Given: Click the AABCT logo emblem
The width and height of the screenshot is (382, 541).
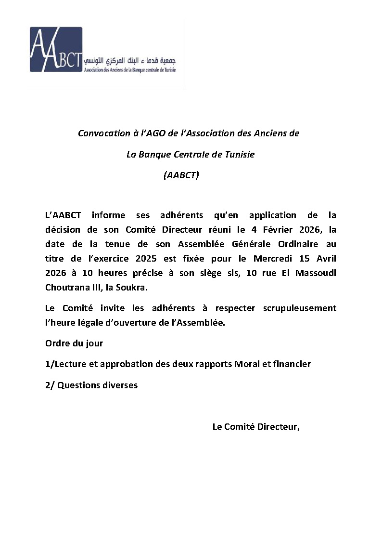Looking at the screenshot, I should (x=56, y=49).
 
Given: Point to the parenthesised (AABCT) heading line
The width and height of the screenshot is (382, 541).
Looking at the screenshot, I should (x=181, y=175).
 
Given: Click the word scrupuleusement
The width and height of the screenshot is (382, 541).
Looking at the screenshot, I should (x=300, y=308).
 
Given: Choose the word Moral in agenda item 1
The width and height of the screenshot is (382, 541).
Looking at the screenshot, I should (x=246, y=364).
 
